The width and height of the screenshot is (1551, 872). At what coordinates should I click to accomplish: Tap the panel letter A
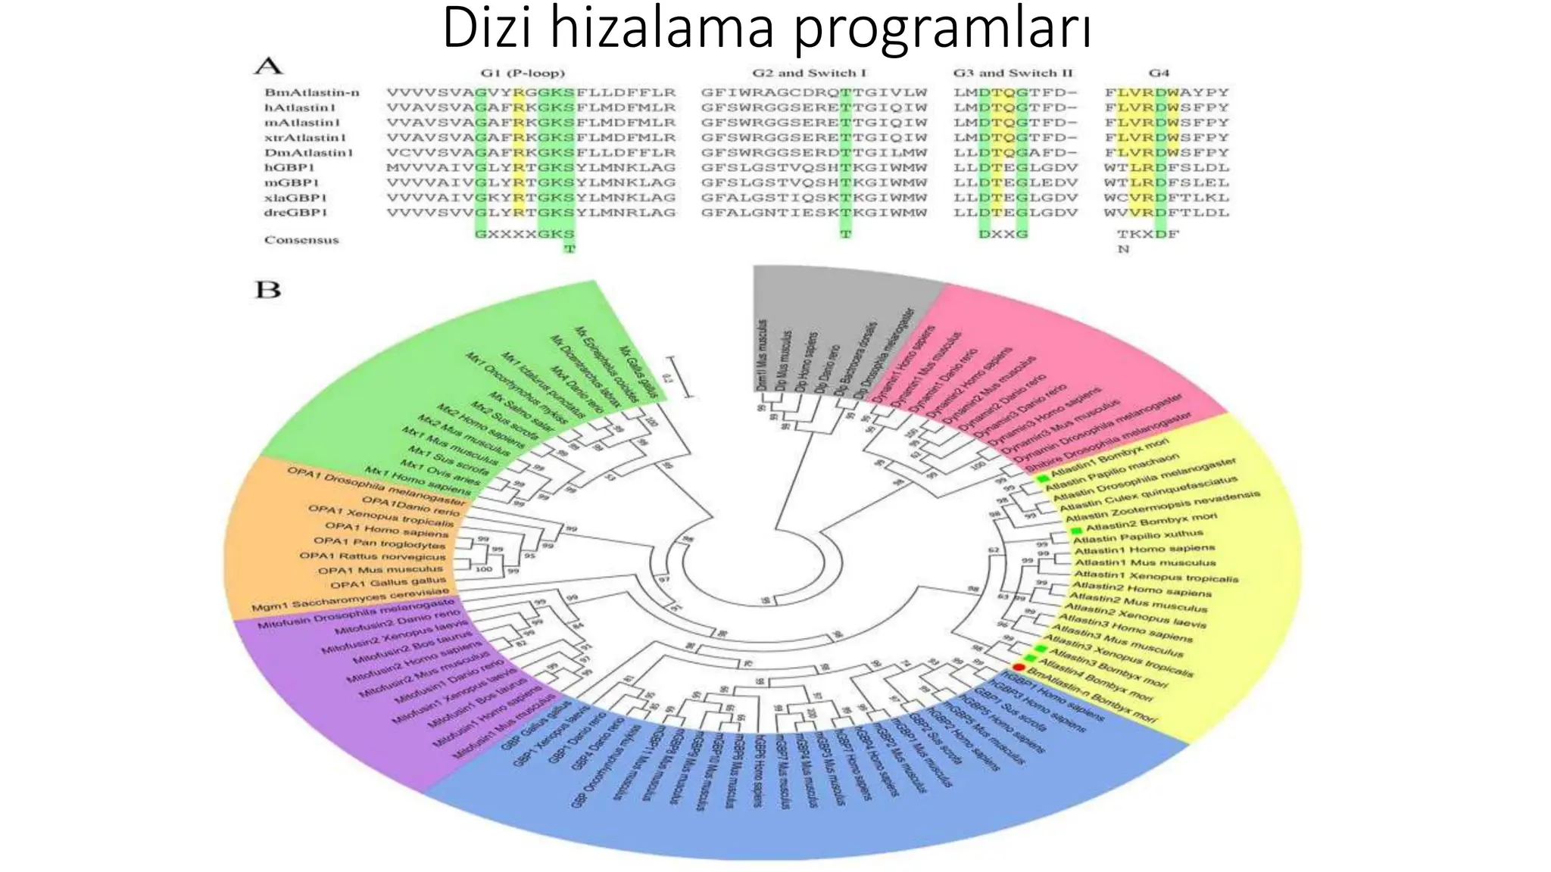point(268,67)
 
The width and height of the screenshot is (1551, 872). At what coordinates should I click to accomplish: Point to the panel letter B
point(267,290)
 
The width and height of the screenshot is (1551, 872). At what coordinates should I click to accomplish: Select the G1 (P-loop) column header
point(523,73)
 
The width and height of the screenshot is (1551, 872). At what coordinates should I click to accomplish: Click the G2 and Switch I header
point(809,73)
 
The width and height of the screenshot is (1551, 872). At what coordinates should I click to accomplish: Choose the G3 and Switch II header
point(1013,73)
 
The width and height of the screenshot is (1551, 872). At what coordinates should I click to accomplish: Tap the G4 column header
point(1159,73)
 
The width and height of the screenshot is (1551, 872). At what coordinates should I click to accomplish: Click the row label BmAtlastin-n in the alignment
point(311,92)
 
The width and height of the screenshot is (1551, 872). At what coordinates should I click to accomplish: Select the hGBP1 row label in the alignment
point(289,167)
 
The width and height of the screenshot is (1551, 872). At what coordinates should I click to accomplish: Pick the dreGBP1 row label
point(295,213)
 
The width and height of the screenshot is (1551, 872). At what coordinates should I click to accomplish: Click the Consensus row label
point(301,240)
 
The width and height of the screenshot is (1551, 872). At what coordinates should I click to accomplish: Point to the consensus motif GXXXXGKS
point(524,234)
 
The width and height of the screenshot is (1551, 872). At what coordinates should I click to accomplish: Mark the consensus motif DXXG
point(1003,234)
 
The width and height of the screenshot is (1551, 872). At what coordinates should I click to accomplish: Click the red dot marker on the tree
point(1019,668)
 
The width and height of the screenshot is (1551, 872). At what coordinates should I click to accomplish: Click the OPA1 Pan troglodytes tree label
point(379,543)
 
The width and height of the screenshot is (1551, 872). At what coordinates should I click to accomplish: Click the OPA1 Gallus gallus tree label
point(388,583)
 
